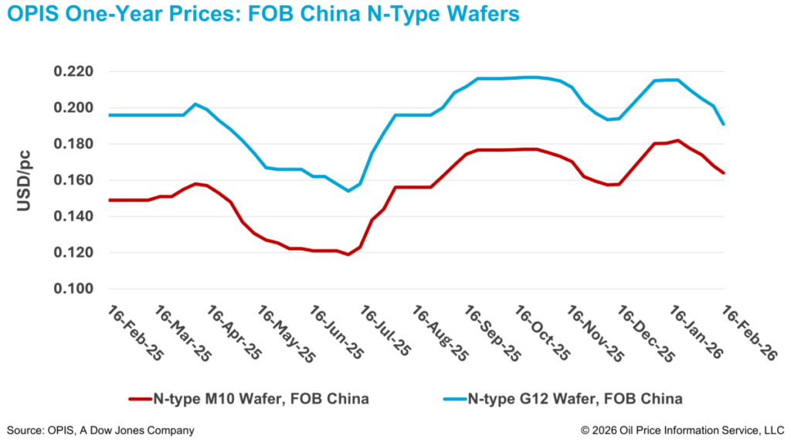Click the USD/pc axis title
pyautogui.click(x=24, y=179)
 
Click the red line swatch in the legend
pyautogui.click(x=146, y=400)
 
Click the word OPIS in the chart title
pyautogui.click(x=33, y=15)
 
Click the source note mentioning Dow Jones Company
pyautogui.click(x=100, y=430)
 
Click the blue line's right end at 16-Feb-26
pyautogui.click(x=724, y=124)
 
